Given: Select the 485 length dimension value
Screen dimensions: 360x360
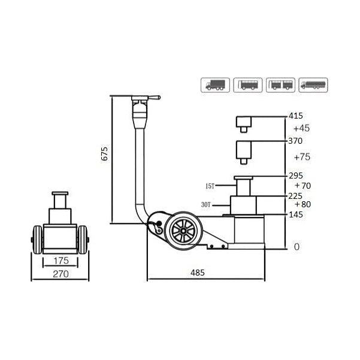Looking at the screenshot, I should pos(198,273).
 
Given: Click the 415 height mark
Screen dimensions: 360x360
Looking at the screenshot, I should pos(296,116).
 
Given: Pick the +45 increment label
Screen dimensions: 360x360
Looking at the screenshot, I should pos(302,128).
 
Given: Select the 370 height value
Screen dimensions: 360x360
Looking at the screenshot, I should pos(296,141).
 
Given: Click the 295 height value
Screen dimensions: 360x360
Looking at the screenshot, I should pos(296,176).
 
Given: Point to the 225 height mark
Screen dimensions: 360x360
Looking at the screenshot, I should pos(296,195).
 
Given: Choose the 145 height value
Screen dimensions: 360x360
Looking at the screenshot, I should pos(296,214).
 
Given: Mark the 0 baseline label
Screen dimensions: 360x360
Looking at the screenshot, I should pos(295,247).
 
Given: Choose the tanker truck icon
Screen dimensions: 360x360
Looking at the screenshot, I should pos(314,84).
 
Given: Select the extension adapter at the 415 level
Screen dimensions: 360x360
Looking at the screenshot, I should pos(244,123).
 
